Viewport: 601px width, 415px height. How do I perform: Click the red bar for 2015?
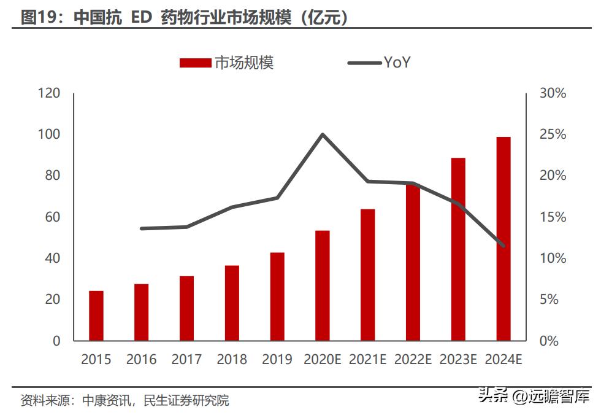click(96, 316)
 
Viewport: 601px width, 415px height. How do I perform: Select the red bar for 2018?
click(232, 303)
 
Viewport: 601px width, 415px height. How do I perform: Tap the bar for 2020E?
click(323, 285)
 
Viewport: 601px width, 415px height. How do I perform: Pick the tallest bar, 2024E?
click(503, 239)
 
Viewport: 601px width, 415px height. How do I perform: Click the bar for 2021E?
click(367, 275)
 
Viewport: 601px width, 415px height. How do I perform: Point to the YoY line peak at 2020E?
click(323, 134)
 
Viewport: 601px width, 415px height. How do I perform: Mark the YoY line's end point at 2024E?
click(503, 246)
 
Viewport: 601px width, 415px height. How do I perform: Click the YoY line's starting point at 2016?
click(142, 228)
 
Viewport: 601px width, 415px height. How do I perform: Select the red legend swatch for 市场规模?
click(196, 63)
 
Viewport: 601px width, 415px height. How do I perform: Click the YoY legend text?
click(397, 62)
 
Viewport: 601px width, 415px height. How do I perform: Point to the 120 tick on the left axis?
click(48, 93)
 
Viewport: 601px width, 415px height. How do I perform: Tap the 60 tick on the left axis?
click(52, 217)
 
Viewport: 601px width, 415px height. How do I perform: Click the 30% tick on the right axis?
click(553, 93)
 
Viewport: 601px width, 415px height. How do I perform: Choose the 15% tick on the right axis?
click(553, 217)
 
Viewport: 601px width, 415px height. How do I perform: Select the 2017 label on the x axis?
click(187, 360)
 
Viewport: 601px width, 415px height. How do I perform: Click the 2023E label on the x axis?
click(458, 360)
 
